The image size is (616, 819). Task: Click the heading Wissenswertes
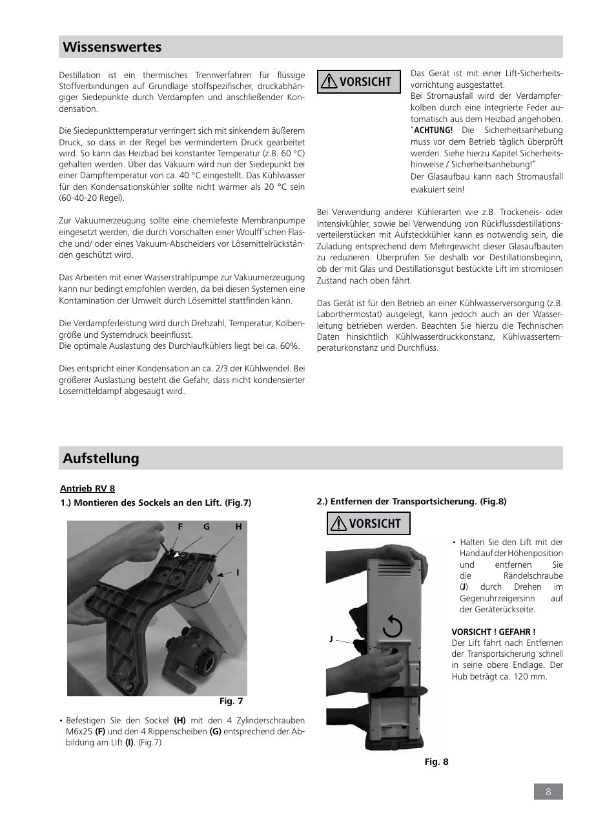112,47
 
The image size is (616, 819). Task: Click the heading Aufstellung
101,459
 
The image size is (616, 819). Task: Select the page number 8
548,792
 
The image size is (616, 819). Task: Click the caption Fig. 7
231,701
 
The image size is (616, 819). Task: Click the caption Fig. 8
436,762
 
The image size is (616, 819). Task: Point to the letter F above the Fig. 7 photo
181,527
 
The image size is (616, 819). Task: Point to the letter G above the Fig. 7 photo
207,527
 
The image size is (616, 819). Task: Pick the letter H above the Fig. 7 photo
238,527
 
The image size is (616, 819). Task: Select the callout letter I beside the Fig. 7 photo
238,572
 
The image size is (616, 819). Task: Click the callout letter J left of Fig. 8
331,639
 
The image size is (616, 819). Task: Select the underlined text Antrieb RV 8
87,488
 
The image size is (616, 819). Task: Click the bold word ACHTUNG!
433,130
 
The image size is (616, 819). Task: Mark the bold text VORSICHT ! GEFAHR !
493,632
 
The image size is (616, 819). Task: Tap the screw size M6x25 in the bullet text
77,732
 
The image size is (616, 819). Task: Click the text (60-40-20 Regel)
92,198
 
